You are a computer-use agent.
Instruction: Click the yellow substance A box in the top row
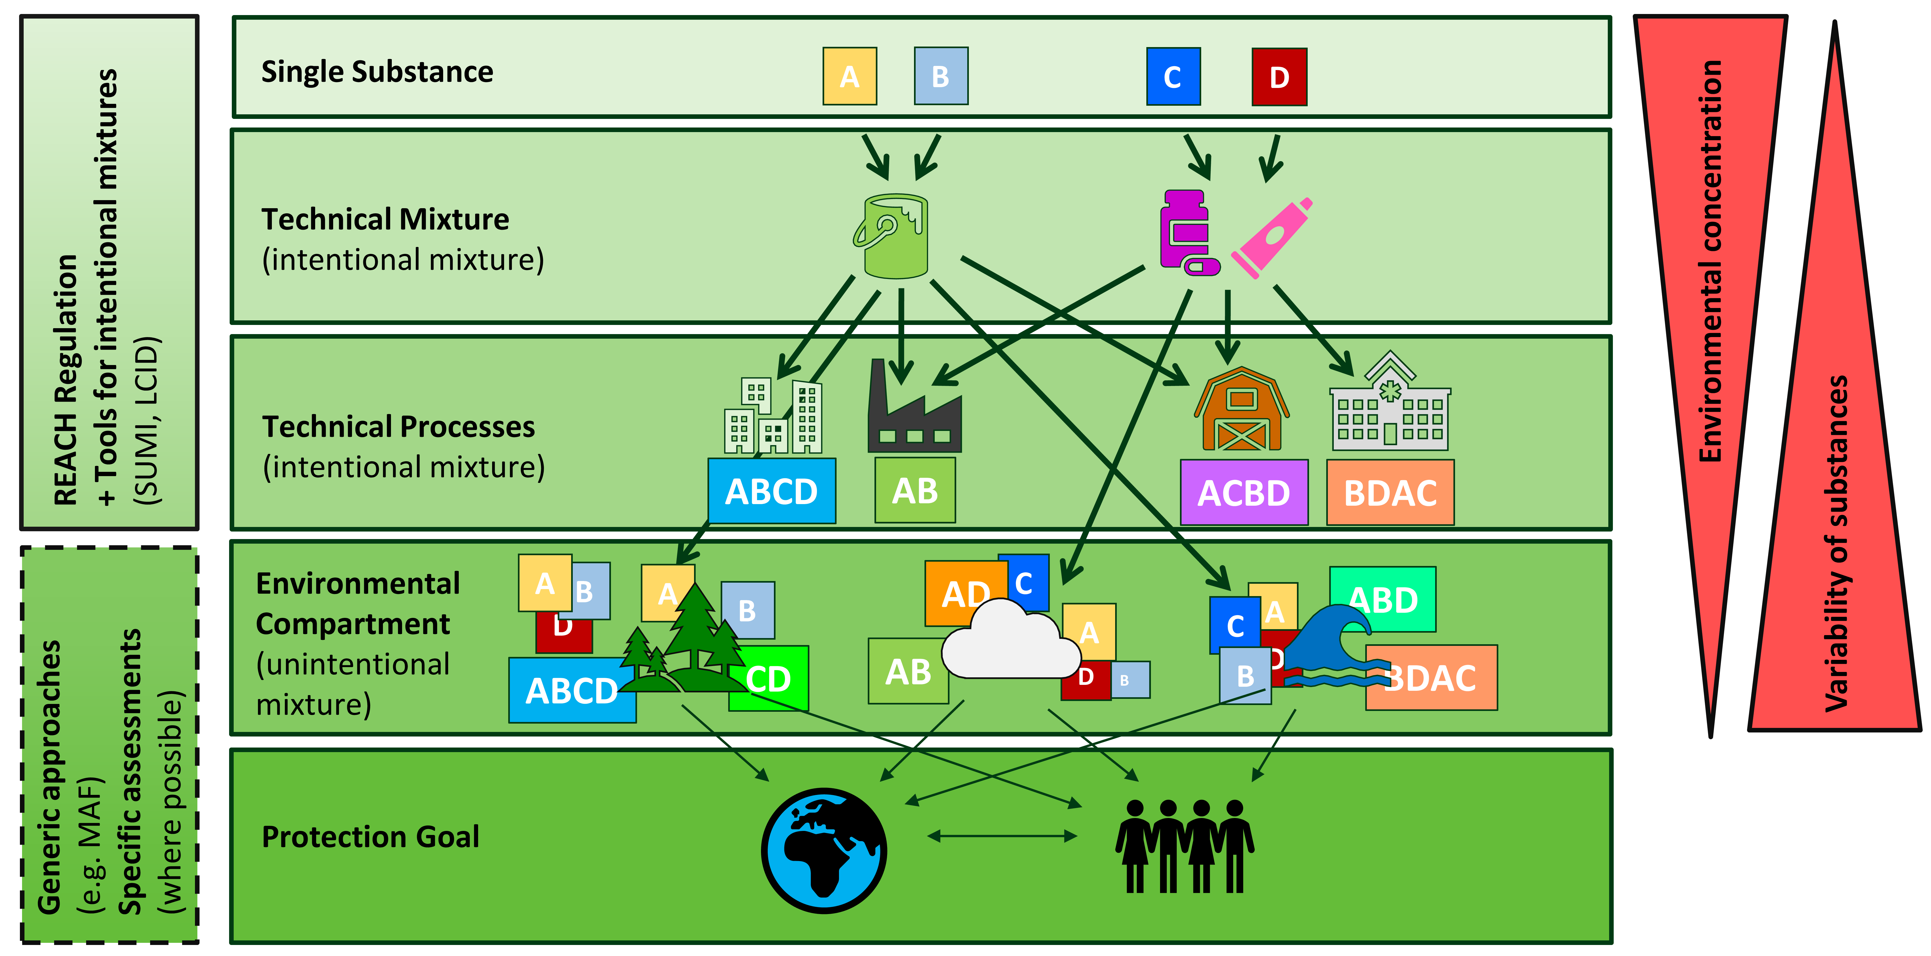pos(849,76)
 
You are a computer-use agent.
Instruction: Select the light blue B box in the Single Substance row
pos(941,76)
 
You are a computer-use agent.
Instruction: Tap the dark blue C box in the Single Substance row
pos(1173,76)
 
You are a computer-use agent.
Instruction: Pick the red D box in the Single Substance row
pos(1279,76)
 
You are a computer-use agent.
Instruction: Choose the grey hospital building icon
pos(1390,405)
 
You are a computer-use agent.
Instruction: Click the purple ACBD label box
pos(1244,493)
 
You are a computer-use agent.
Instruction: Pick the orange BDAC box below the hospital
pos(1390,493)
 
